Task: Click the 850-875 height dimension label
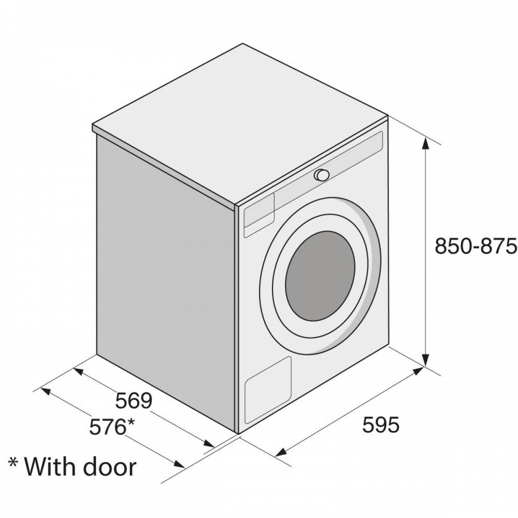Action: pos(476,246)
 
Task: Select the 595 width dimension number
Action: pos(381,425)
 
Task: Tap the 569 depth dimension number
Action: pos(134,401)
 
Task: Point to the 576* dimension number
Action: pos(112,427)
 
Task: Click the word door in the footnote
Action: pos(109,467)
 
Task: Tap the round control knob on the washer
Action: pos(322,175)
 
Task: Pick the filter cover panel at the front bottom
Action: pos(268,390)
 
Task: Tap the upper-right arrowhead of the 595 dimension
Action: pos(418,371)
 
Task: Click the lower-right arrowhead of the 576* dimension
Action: pos(179,464)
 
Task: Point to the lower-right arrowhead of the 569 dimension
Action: pos(209,444)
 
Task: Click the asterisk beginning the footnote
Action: pos(13,462)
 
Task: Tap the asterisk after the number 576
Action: pos(131,422)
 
